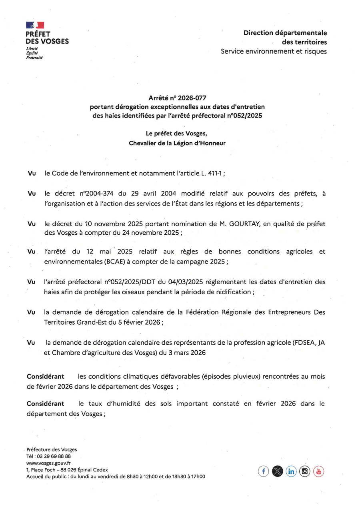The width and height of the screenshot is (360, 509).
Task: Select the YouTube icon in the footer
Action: click(318, 471)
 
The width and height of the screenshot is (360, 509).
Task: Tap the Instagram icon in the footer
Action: click(305, 471)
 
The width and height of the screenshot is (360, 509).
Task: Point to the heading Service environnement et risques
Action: click(274, 51)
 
